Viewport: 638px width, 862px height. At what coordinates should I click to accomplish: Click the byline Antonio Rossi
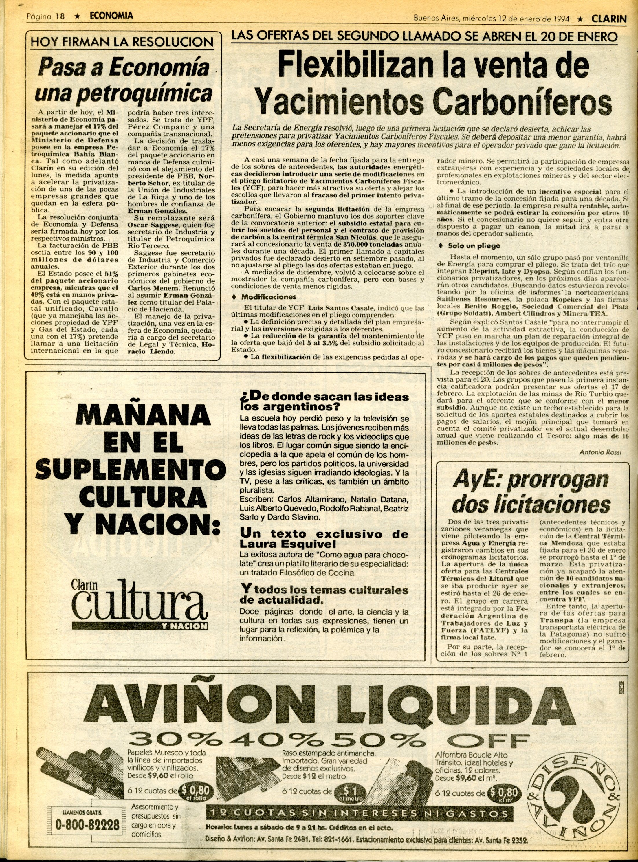point(600,452)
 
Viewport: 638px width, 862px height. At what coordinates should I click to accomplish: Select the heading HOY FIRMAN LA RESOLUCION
point(122,42)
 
